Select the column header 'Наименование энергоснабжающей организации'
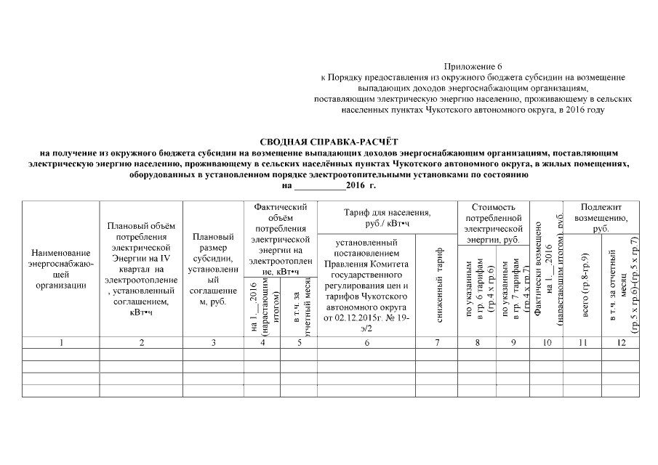61,269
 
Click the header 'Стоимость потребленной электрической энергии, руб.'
494,222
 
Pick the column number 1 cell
61,342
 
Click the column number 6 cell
367,342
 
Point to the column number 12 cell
620,342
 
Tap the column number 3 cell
213,342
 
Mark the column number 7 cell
438,342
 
